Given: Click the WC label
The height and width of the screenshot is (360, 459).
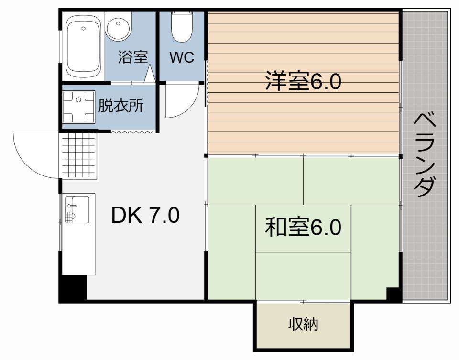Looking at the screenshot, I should pyautogui.click(x=182, y=57).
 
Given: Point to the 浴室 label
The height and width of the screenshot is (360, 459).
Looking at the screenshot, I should pyautogui.click(x=132, y=57).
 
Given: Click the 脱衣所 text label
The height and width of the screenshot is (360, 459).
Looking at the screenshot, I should pyautogui.click(x=120, y=106).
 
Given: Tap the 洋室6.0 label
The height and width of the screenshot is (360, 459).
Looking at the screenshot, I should pyautogui.click(x=303, y=82).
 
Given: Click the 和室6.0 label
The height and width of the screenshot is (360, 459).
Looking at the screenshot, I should pyautogui.click(x=303, y=227).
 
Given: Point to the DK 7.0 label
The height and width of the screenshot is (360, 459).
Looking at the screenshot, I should pyautogui.click(x=145, y=216).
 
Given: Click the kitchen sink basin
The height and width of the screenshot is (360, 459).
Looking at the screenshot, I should pyautogui.click(x=76, y=209).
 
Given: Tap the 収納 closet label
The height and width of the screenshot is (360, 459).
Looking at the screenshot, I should pyautogui.click(x=303, y=325).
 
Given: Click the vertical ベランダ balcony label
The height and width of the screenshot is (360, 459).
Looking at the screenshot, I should pyautogui.click(x=425, y=155).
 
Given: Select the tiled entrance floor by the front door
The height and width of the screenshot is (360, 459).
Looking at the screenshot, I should pyautogui.click(x=78, y=156).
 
